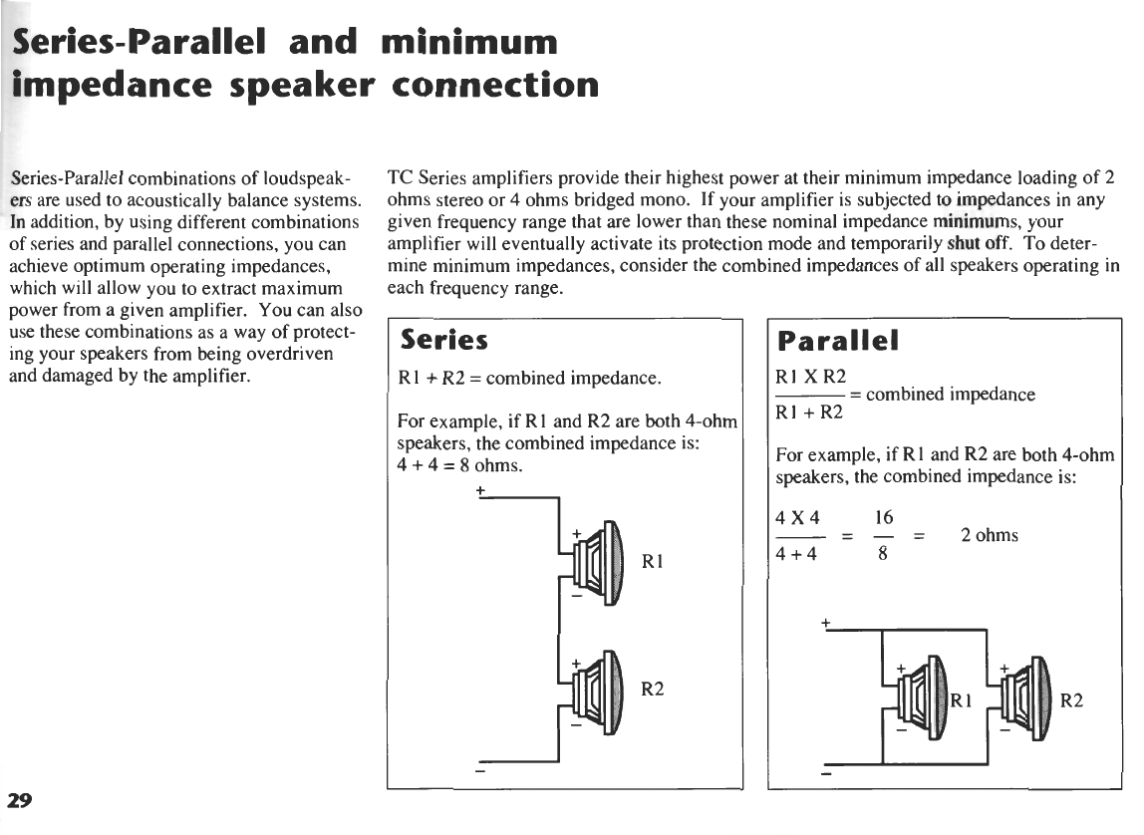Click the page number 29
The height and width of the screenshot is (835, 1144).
(x=20, y=799)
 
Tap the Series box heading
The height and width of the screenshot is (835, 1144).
(x=443, y=341)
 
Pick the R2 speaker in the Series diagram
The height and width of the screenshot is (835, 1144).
(x=597, y=688)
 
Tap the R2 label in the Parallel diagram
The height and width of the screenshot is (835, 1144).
(x=1071, y=700)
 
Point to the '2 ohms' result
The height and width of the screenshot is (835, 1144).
(x=989, y=535)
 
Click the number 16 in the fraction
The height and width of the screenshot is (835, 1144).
(x=883, y=518)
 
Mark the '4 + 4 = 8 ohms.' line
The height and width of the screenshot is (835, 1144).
(x=460, y=465)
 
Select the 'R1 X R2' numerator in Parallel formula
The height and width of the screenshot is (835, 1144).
(x=810, y=376)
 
